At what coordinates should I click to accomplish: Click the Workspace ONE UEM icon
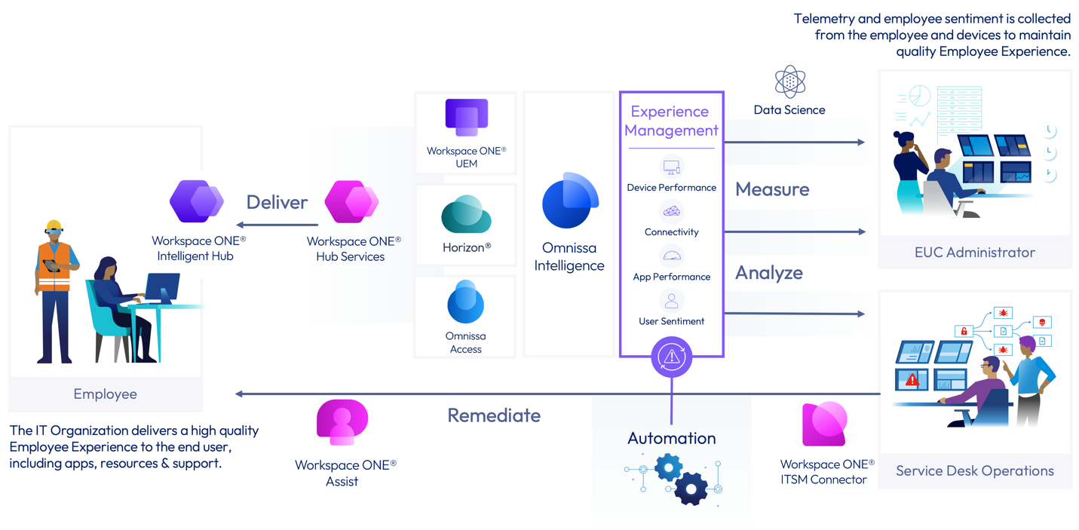point(466,118)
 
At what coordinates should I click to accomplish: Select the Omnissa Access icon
point(465,302)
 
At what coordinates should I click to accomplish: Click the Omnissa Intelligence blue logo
point(570,201)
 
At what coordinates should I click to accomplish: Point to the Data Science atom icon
point(789,81)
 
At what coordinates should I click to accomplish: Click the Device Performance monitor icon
point(671,167)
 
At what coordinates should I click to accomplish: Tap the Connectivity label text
point(671,232)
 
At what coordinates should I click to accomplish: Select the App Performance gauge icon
point(671,256)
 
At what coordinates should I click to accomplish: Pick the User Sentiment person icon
point(671,301)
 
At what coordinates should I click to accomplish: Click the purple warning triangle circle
point(671,357)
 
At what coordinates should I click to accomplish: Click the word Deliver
point(277,202)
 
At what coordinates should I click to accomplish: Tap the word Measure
point(772,189)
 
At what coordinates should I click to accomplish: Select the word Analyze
point(768,272)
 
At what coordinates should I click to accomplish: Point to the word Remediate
point(494,415)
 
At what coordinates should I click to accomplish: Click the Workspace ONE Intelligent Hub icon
point(197,202)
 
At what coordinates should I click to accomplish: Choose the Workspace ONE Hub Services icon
point(351,202)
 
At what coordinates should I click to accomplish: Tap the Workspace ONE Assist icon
point(342,423)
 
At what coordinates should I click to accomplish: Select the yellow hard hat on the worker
point(53,225)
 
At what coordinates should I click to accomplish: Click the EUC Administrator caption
point(974,253)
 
